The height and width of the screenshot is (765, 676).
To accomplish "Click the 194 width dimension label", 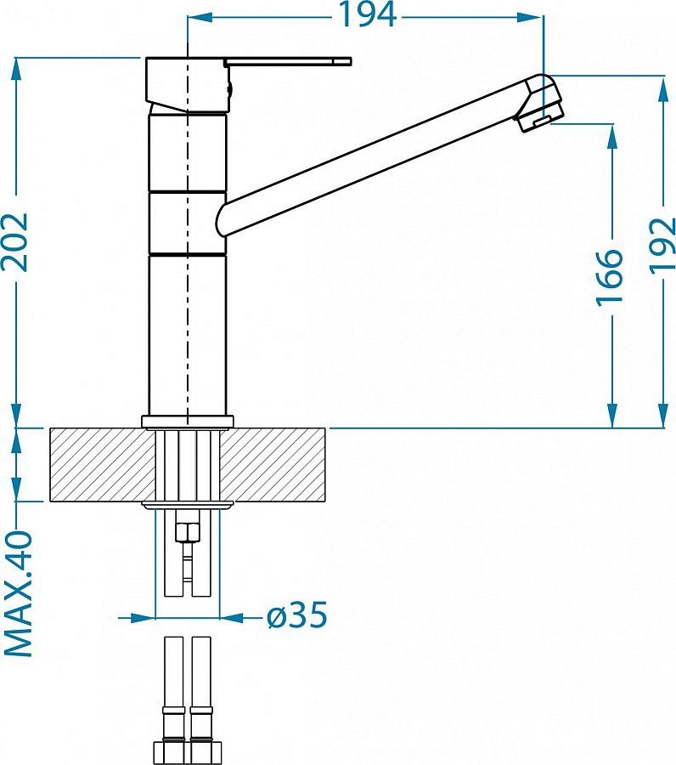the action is [367, 15].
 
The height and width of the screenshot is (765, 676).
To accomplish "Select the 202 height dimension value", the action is [15, 242].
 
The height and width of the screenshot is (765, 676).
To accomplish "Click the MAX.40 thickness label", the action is [18, 594].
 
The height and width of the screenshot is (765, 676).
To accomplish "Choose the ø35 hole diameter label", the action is [297, 615].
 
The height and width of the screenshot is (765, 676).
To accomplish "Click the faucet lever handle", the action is [288, 61].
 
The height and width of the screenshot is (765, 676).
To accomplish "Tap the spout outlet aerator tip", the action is [541, 121].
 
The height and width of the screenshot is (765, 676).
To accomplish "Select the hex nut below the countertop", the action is [188, 532].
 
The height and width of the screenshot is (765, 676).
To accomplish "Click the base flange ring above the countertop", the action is [188, 422].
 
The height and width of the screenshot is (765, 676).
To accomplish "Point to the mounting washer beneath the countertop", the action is [188, 505].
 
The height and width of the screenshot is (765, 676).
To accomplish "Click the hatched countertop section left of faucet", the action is [103, 465].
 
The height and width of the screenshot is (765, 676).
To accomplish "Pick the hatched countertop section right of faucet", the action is [273, 465].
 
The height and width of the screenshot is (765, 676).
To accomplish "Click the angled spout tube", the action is [375, 157].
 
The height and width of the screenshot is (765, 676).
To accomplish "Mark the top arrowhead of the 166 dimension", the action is [612, 137].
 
